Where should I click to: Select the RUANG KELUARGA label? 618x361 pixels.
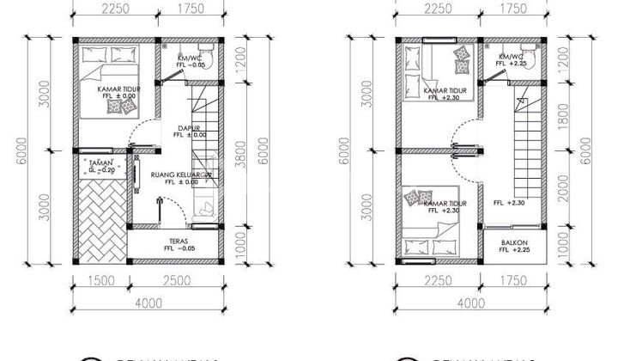(x=179, y=174)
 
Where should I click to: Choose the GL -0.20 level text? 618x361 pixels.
(x=101, y=170)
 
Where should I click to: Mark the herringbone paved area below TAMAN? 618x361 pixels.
(x=101, y=215)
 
